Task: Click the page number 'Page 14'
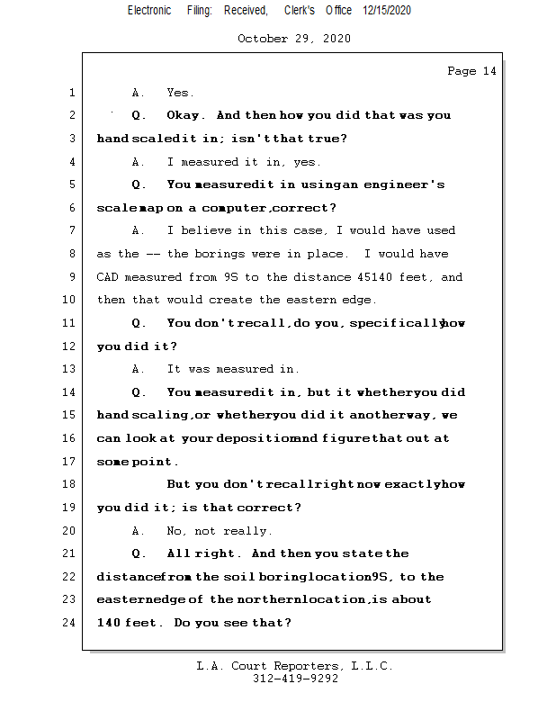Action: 471,71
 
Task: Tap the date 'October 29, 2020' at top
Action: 294,39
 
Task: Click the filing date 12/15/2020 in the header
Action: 387,10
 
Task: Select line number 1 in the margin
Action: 71,93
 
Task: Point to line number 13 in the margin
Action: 69,369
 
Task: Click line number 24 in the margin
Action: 69,622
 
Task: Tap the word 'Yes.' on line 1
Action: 180,93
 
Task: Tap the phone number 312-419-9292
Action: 295,679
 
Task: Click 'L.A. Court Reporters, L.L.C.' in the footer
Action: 294,666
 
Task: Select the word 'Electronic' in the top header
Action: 148,10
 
